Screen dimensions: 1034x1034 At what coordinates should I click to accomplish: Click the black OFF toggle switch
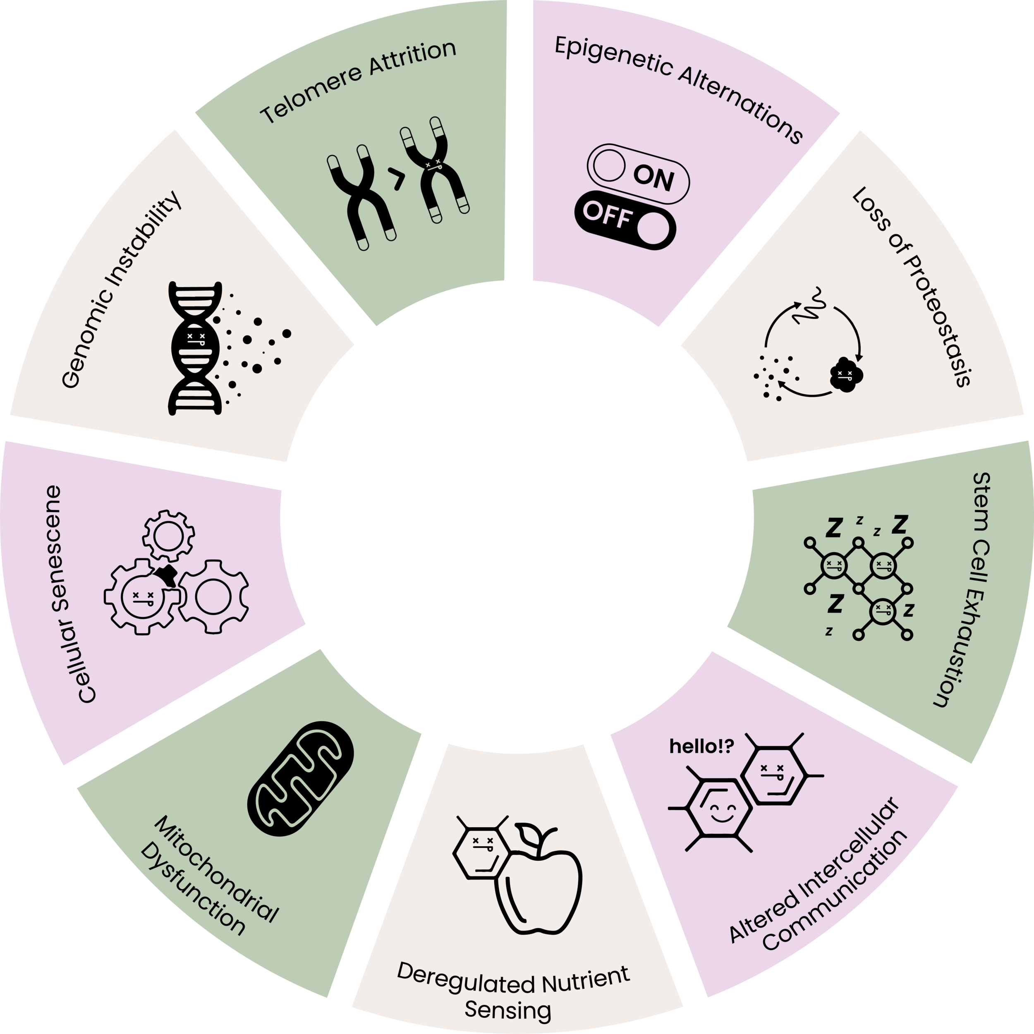625,220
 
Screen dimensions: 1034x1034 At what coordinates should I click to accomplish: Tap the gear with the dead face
142,597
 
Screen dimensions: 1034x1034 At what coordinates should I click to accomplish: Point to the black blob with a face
843,375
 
